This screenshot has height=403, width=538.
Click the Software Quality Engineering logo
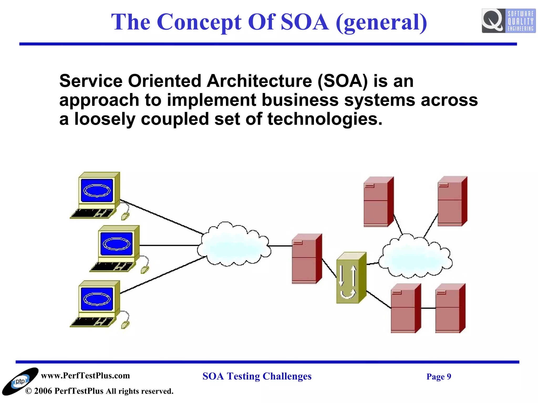click(508, 21)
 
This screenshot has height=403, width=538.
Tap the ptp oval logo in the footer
click(20, 381)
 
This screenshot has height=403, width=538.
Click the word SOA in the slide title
click(304, 22)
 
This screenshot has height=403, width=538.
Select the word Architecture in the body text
click(259, 81)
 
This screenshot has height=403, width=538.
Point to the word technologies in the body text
click(324, 119)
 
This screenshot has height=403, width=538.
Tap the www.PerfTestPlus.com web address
click(85, 375)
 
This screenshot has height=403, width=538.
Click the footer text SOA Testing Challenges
click(257, 376)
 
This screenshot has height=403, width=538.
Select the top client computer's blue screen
click(97, 190)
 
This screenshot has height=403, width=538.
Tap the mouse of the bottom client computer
click(125, 325)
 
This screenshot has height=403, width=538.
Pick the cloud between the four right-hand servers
click(415, 257)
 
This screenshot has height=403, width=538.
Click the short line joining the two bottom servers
click(428, 308)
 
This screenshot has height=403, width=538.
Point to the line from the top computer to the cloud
click(162, 217)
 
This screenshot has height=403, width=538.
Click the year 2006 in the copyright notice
click(43, 391)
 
